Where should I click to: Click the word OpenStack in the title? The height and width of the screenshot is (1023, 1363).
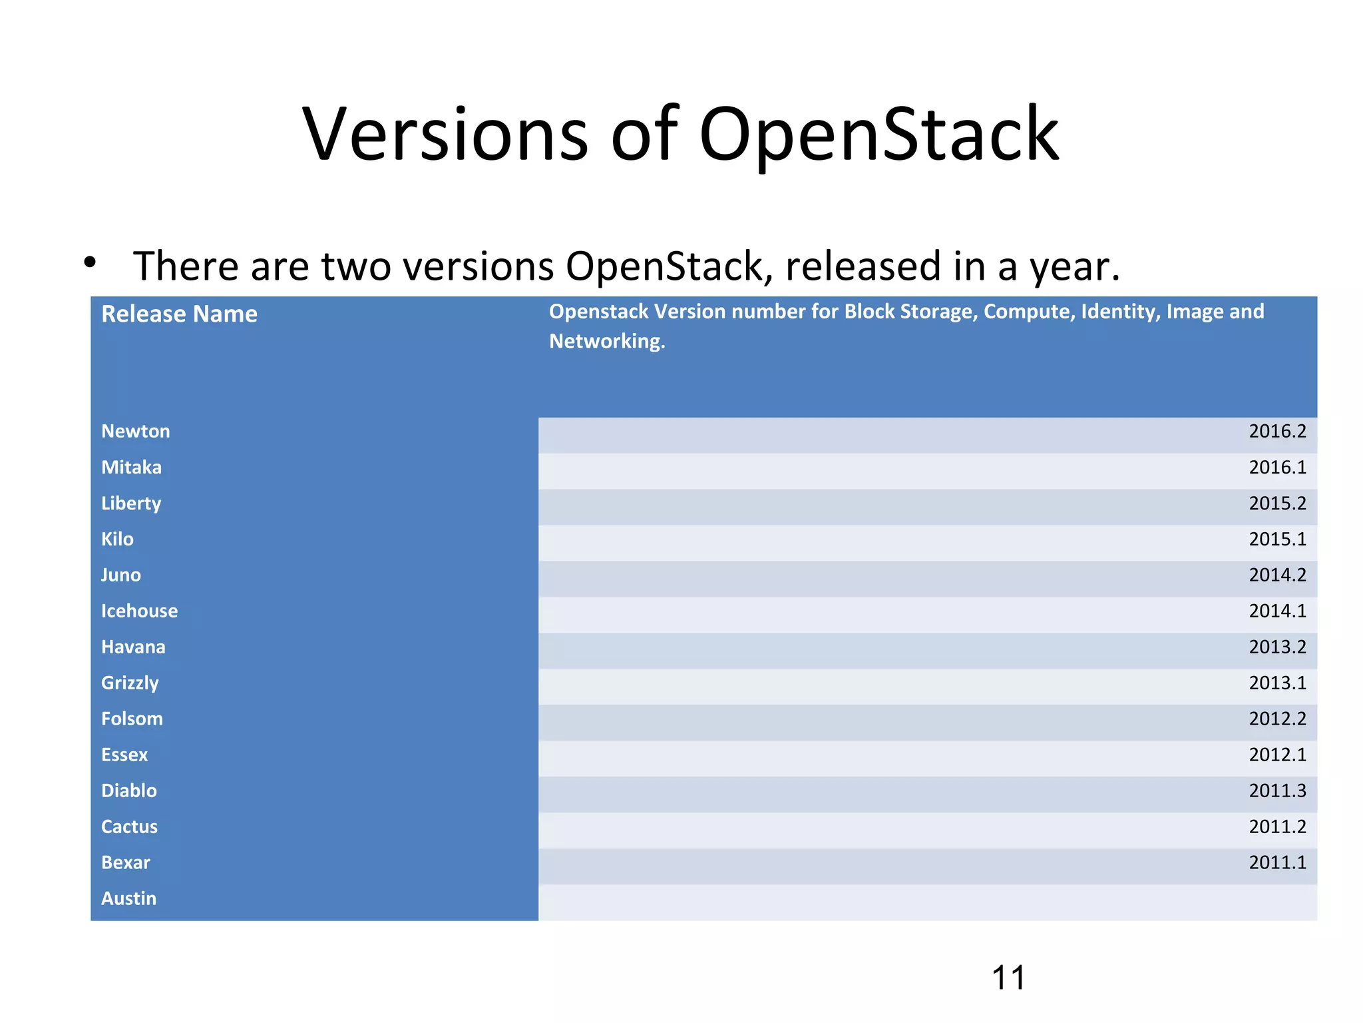pos(878,135)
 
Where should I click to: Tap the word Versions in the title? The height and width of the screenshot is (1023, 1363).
pos(445,135)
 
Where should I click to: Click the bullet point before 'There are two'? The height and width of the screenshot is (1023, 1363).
pos(90,262)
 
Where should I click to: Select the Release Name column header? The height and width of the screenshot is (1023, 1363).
pos(179,314)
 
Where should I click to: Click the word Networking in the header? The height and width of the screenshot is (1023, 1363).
pos(606,342)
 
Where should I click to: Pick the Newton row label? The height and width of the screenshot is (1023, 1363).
pos(135,432)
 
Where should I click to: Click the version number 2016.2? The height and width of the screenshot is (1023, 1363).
pos(1276,432)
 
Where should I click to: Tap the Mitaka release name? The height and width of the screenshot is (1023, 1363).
pos(131,468)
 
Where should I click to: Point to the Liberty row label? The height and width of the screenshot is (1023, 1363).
pos(131,504)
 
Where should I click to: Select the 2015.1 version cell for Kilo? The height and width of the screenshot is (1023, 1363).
pos(1276,539)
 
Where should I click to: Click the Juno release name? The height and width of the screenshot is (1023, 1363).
pos(120,575)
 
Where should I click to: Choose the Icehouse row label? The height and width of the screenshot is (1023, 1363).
pos(139,611)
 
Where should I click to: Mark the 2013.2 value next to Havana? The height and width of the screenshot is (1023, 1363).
pos(1276,647)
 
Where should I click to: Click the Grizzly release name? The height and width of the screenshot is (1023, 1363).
pos(130,683)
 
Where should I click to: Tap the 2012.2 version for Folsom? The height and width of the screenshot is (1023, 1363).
pos(1276,719)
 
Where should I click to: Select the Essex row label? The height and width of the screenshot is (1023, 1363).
pos(124,755)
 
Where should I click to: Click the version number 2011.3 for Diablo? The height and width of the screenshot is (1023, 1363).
pos(1276,791)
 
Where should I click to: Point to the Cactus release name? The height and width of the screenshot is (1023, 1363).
pos(129,827)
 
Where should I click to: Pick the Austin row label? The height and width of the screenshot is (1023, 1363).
pos(128,899)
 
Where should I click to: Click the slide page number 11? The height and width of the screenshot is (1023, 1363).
pos(1008,978)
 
